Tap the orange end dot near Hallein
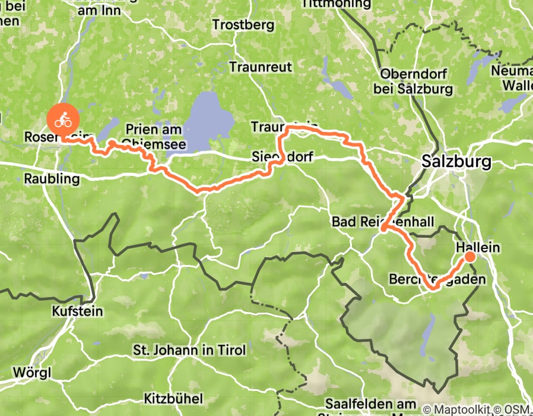[469, 257]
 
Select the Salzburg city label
[456, 162]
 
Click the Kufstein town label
[78, 311]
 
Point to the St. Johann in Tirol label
[189, 350]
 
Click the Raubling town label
[52, 179]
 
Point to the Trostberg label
[243, 25]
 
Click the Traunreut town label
[261, 67]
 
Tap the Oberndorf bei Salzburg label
[417, 82]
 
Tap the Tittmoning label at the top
[330, 4]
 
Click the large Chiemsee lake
[208, 119]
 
